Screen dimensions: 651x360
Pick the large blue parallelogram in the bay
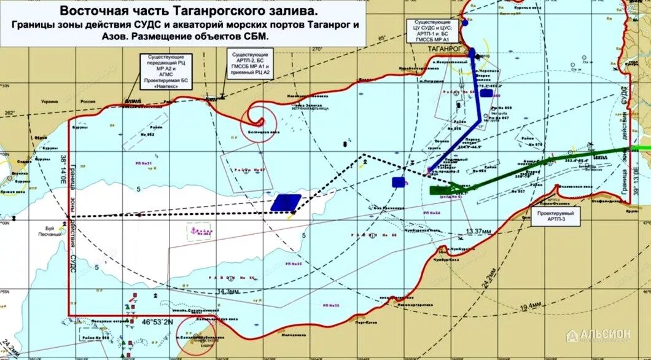click(x=286, y=203)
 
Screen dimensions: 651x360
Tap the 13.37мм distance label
click(x=479, y=231)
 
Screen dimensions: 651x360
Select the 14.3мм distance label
click(x=228, y=291)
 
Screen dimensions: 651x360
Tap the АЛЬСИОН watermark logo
click(x=599, y=335)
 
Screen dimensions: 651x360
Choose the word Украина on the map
click(x=50, y=100)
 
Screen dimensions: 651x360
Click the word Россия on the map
click(x=89, y=100)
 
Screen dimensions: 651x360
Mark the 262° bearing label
click(x=10, y=112)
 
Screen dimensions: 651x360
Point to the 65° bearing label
click(x=381, y=38)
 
